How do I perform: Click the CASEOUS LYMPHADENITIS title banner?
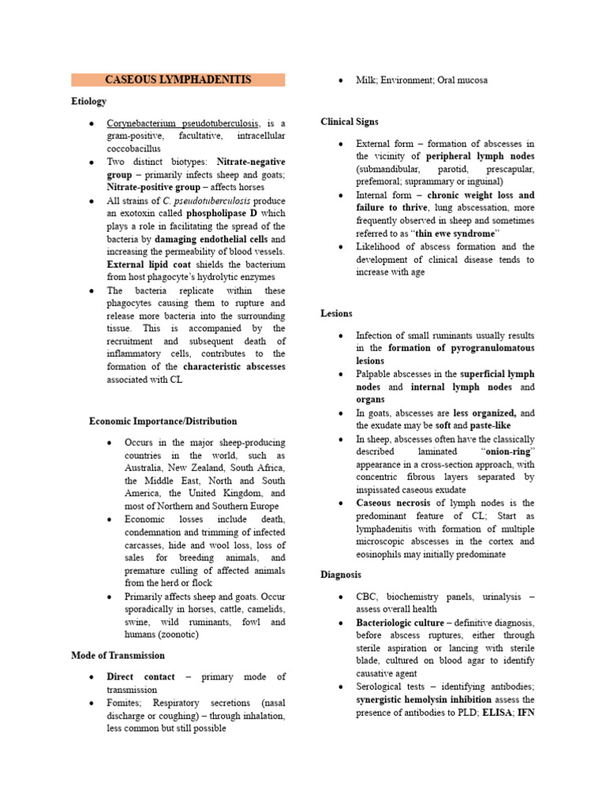tap(178, 80)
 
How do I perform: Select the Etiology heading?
tap(88, 102)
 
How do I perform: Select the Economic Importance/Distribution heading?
tap(163, 421)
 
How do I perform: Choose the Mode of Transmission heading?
tap(118, 655)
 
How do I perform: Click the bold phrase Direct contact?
tap(140, 677)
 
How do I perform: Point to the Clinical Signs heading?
tap(349, 122)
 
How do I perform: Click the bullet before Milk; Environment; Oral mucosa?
tap(339, 80)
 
